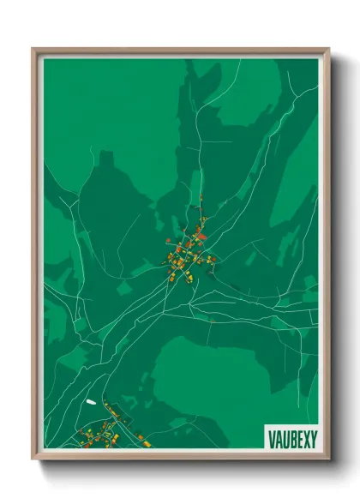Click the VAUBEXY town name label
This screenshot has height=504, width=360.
291,438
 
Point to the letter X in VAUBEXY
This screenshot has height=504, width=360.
304,438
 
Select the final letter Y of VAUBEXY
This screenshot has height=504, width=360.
312,438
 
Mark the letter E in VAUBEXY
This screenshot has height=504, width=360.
297,438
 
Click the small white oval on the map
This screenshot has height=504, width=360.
90,401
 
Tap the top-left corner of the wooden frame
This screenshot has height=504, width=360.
34,50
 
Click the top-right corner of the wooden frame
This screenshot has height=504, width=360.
328,50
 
